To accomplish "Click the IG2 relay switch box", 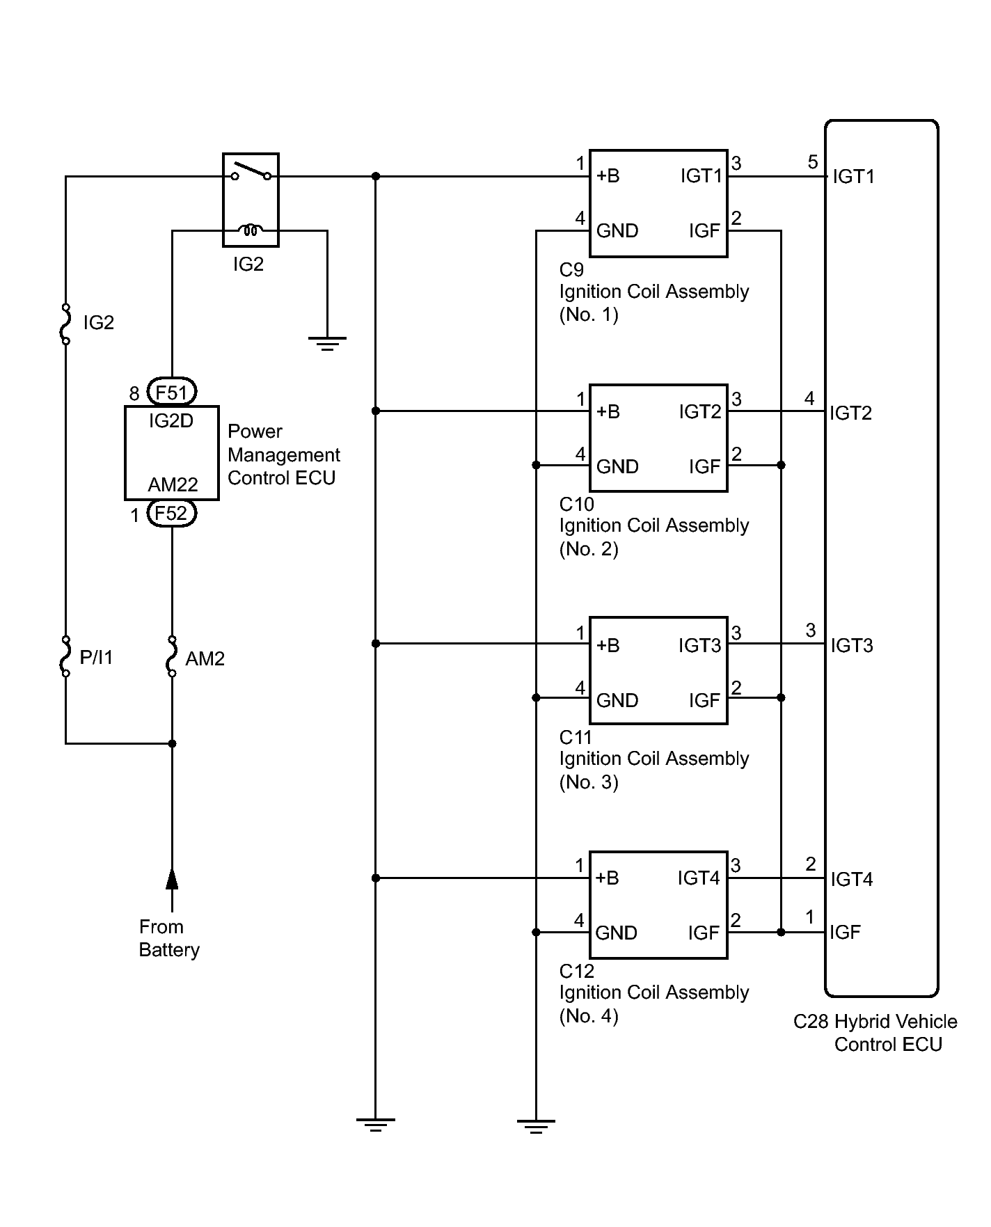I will click(251, 200).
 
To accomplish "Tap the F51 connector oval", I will click(172, 393).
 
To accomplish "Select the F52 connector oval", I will click(172, 514).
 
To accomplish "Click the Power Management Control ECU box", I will click(172, 453).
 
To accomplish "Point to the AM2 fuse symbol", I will click(172, 656).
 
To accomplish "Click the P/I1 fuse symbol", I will click(65, 656).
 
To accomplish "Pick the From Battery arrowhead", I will click(172, 879).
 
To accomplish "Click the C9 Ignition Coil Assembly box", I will click(658, 203).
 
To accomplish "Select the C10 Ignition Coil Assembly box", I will click(658, 438).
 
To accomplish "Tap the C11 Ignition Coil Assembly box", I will click(658, 670).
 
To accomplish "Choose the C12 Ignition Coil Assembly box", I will click(658, 904).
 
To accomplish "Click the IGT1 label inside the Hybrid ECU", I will click(853, 177).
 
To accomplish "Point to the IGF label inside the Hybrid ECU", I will click(845, 932).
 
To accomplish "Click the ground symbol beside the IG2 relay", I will click(327, 342).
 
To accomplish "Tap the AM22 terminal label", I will click(173, 484).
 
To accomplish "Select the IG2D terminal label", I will click(171, 421).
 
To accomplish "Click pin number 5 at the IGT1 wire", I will click(813, 162).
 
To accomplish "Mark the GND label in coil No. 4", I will click(616, 933).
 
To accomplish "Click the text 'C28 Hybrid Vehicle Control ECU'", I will click(875, 1033).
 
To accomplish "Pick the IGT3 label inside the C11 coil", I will click(699, 646).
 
